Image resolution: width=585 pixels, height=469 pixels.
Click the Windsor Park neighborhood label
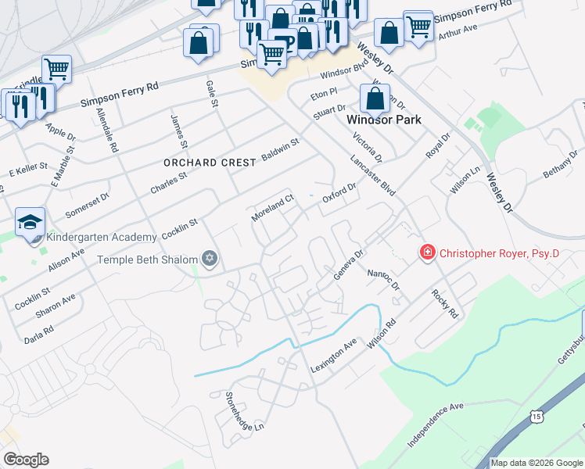click(x=383, y=120)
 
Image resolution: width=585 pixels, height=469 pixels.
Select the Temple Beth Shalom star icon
click(x=209, y=258)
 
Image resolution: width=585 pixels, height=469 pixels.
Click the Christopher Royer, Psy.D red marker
click(x=428, y=252)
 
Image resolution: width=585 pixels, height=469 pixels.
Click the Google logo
click(x=26, y=460)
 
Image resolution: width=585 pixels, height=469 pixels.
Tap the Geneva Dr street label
click(x=349, y=264)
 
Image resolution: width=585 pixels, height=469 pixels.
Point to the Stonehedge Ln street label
click(x=245, y=411)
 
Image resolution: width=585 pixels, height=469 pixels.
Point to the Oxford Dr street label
click(x=339, y=193)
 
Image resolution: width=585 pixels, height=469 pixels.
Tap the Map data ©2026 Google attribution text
click(x=537, y=463)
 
